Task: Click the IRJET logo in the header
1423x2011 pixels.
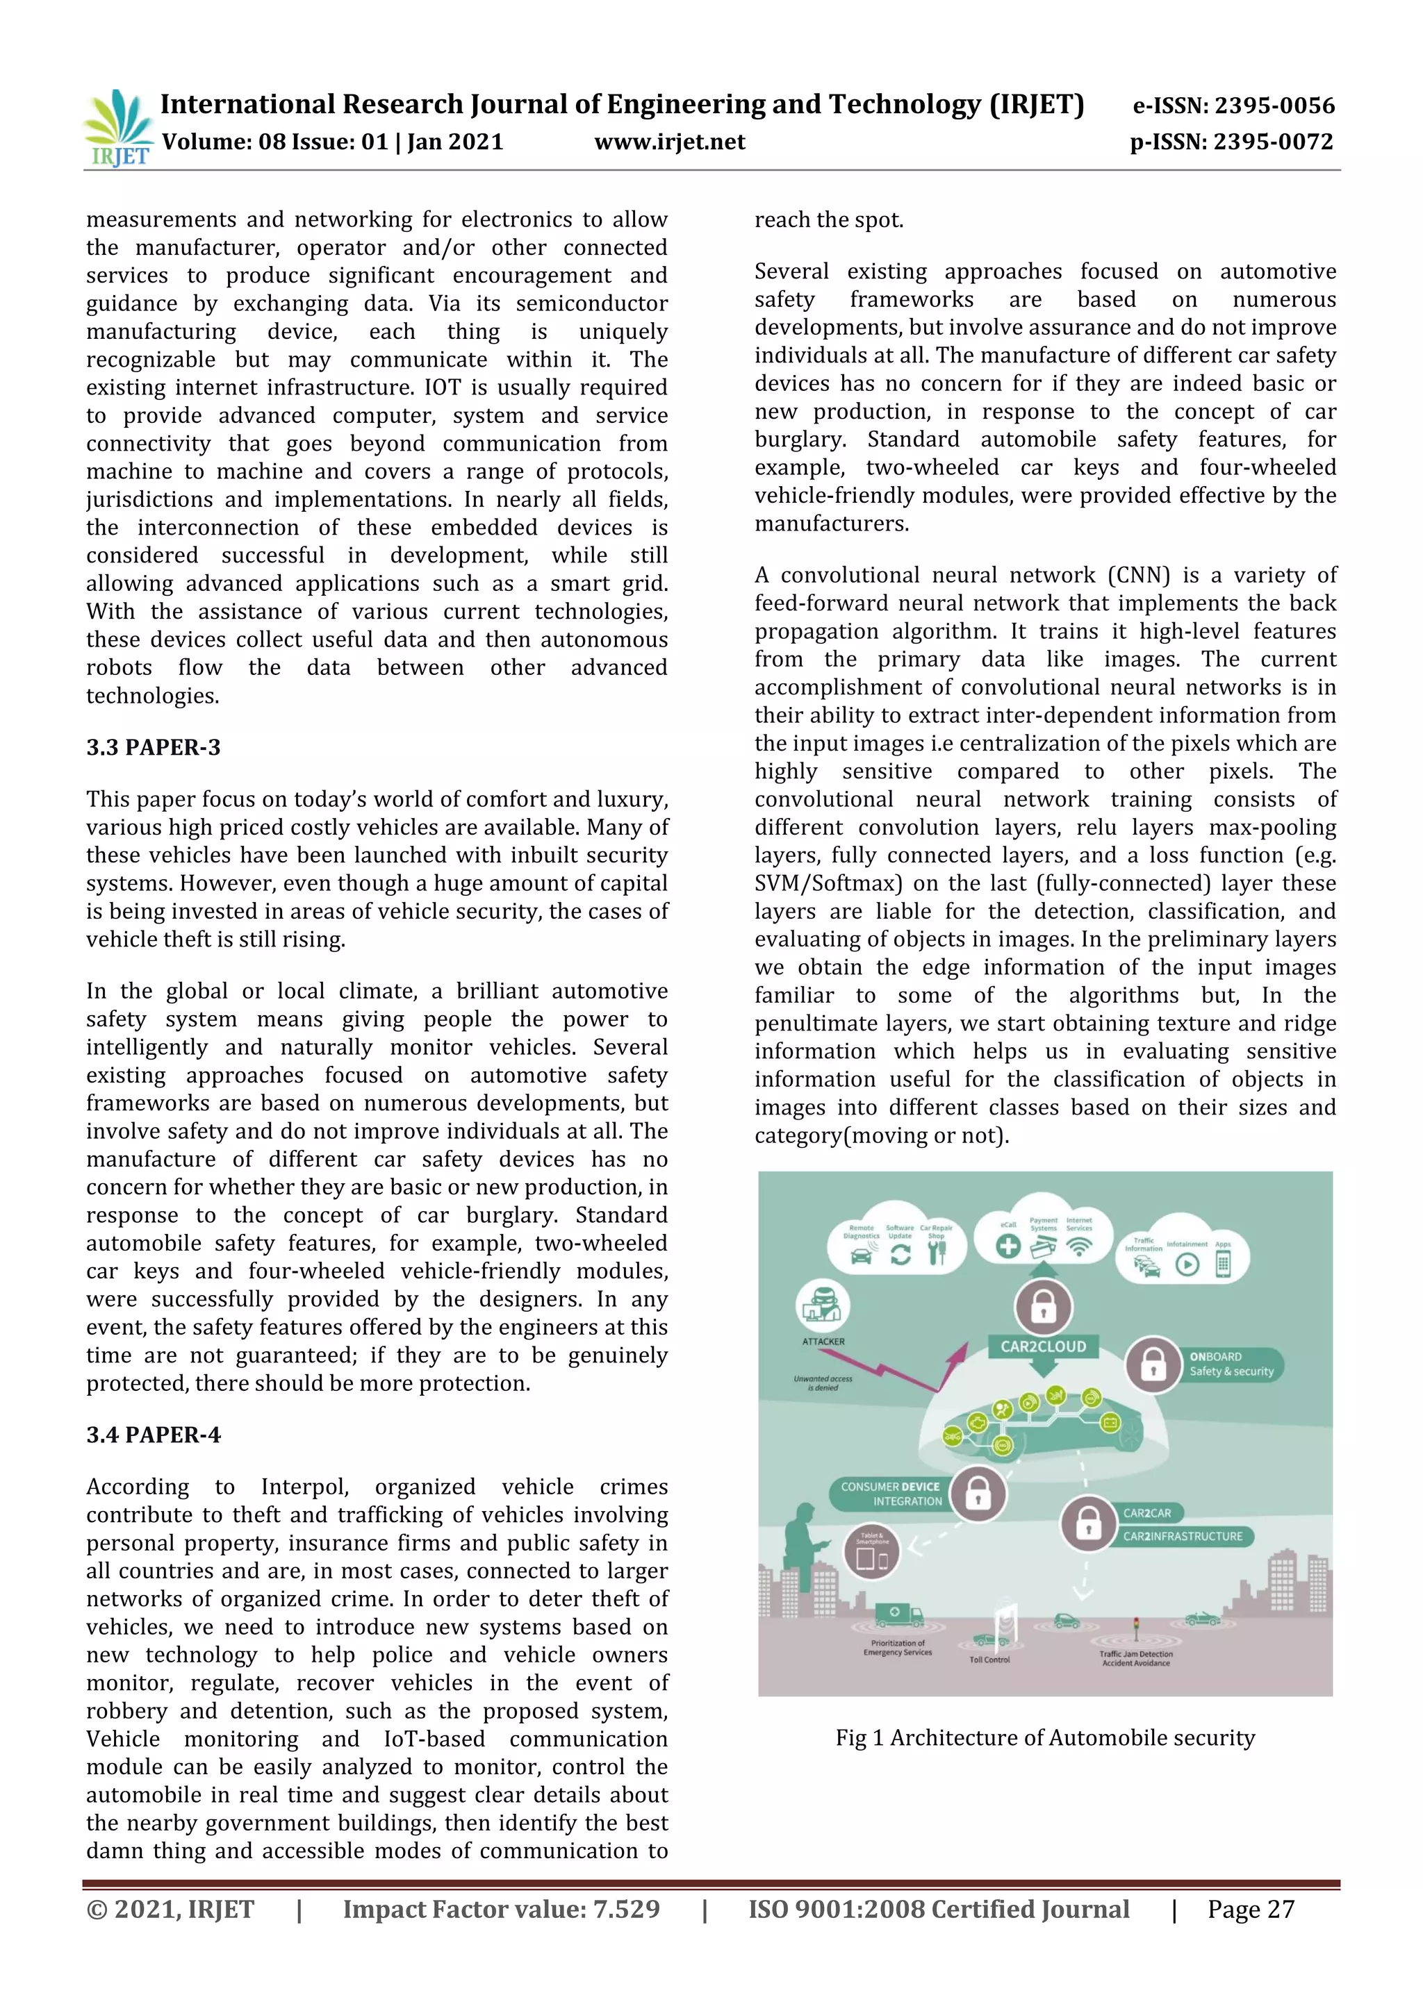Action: click(117, 128)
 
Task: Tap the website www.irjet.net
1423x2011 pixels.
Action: click(669, 142)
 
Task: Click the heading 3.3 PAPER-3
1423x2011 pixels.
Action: click(154, 747)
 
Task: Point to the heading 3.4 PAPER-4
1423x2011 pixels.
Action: click(154, 1435)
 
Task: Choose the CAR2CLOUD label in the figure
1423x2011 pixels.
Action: click(1043, 1346)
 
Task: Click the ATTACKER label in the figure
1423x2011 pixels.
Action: click(823, 1341)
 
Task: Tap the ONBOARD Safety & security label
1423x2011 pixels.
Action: click(1231, 1364)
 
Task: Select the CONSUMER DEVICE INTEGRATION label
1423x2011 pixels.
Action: click(890, 1494)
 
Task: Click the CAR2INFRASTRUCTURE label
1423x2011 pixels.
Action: click(1182, 1535)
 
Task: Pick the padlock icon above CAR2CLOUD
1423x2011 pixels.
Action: click(1043, 1306)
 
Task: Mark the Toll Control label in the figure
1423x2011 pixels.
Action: click(989, 1659)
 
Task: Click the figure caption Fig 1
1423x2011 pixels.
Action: click(1044, 1737)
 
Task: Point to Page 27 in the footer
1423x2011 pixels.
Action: click(1251, 1910)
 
